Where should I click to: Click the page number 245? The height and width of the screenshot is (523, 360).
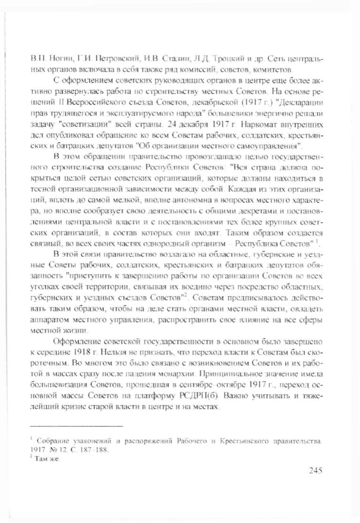click(x=312, y=471)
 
